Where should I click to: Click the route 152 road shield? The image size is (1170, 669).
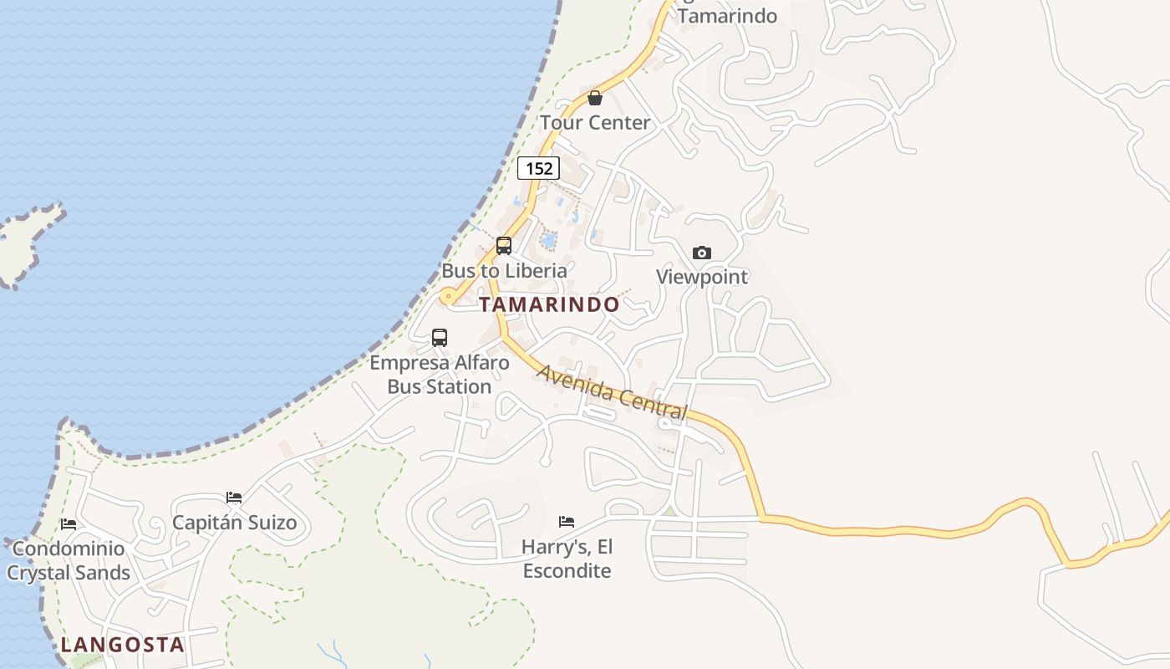point(538,168)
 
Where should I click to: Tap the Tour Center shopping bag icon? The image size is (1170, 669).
point(595,98)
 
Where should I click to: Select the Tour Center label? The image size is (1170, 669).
point(595,123)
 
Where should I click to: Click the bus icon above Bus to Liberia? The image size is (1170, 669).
point(504,245)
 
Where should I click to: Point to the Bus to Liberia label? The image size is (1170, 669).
point(504,271)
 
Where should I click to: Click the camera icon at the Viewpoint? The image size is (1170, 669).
point(702,253)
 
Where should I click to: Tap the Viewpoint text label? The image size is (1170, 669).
point(702,277)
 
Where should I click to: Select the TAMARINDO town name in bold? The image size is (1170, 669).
point(549,304)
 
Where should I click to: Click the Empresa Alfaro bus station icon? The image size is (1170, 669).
point(440,338)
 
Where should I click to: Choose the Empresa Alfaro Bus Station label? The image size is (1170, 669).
point(440,375)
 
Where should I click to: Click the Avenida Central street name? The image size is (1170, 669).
point(613,392)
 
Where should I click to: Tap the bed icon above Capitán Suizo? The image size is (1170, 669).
point(234,498)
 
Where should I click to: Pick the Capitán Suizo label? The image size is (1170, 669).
point(234,523)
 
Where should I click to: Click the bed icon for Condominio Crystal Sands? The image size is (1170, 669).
point(69,524)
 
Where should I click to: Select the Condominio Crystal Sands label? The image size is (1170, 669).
point(69,560)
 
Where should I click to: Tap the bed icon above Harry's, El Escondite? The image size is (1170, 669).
point(567,522)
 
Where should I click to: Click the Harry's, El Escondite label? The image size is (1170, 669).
point(567,559)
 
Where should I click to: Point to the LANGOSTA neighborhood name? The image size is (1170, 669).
point(122,645)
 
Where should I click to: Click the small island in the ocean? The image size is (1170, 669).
point(25,243)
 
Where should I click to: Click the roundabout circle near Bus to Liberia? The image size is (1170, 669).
point(449,296)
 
